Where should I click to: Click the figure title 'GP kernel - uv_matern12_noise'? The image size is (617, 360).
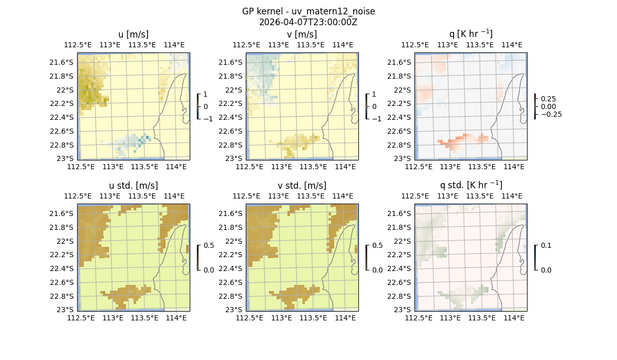pos(308,11)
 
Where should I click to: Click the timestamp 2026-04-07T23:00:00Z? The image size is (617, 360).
pos(308,22)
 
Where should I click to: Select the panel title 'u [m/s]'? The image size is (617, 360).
pos(133,34)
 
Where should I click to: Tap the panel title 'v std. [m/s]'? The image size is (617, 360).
pos(302,186)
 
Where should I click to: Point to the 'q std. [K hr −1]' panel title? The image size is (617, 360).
pos(470,185)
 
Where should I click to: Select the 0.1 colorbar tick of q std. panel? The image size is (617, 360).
pos(545,246)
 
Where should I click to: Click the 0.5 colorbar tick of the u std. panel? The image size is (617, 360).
pos(209,246)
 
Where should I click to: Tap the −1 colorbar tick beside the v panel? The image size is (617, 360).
pos(377,119)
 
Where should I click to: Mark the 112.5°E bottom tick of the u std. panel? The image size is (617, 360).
pos(81,318)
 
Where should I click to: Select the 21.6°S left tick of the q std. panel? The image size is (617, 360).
pos(401,213)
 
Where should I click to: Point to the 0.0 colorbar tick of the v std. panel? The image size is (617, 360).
pos(377,270)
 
